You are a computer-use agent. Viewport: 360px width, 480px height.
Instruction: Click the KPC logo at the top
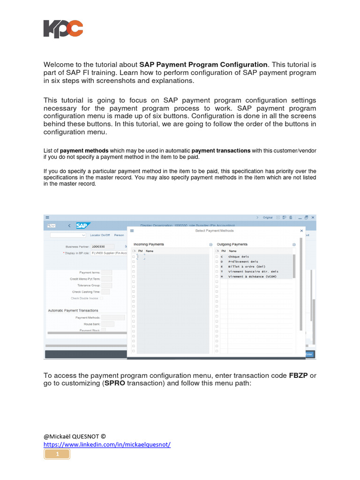(63, 29)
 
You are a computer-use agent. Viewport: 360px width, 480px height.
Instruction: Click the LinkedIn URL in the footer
(107, 444)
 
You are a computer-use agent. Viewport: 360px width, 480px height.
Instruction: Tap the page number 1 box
(57, 454)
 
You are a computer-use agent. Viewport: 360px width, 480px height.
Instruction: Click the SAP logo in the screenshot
(83, 225)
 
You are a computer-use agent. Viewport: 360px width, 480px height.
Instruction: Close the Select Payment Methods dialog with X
(301, 231)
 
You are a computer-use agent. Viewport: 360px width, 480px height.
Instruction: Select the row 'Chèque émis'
(239, 257)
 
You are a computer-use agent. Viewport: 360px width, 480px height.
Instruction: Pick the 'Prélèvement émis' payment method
(243, 262)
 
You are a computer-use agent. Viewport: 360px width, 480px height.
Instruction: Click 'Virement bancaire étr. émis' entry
(253, 271)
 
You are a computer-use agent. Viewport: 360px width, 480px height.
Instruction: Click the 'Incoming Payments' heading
(149, 244)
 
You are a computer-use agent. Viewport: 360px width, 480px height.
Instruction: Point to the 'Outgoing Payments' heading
(232, 244)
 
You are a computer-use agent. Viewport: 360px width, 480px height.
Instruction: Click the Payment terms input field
(107, 272)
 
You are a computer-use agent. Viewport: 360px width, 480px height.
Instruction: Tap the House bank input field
(107, 323)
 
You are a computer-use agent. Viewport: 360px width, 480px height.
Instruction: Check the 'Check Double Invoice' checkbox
(102, 298)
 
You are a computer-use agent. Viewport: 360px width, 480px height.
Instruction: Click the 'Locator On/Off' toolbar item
(100, 235)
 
